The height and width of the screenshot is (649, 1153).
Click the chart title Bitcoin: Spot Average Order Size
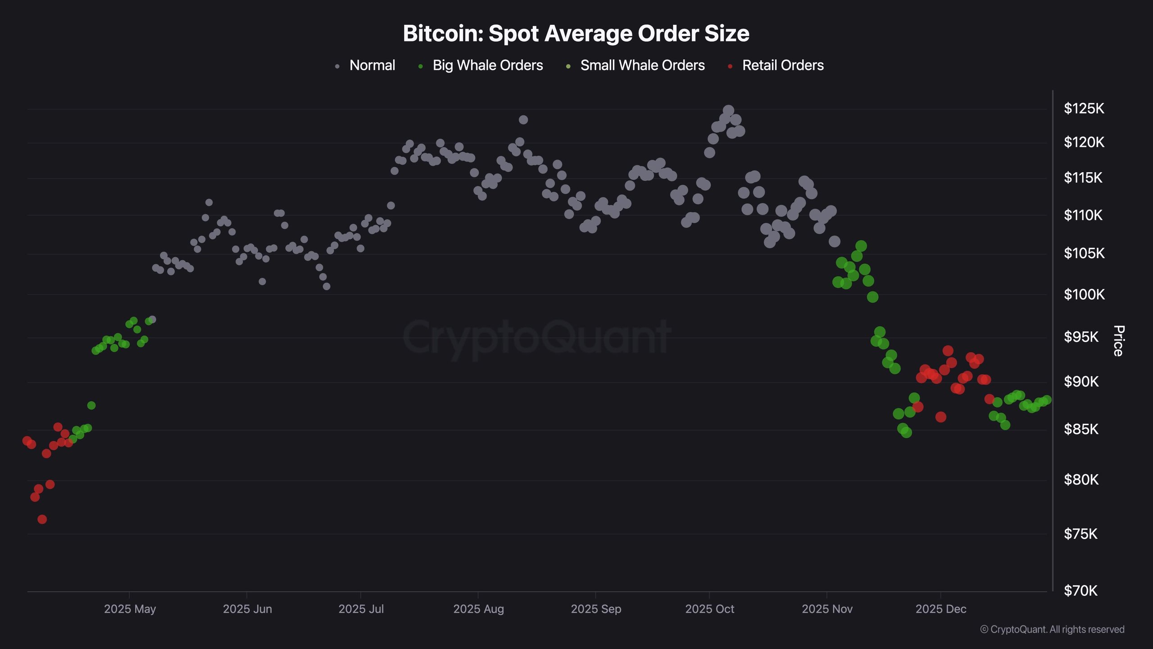coord(576,33)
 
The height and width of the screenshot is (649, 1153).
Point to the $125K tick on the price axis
coord(1084,109)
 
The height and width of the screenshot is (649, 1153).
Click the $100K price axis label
coord(1084,295)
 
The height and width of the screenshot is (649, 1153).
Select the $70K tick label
coord(1080,590)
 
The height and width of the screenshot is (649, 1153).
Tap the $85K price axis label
coord(1081,429)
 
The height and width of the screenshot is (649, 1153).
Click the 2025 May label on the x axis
coord(130,609)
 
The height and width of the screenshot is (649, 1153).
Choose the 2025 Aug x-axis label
coord(478,609)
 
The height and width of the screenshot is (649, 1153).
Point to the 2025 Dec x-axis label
coord(940,609)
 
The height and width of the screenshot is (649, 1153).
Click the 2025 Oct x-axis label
coord(709,609)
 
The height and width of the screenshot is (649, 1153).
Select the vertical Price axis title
coord(1119,341)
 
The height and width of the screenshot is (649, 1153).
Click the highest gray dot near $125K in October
coord(728,110)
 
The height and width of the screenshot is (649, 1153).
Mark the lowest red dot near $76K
coord(42,519)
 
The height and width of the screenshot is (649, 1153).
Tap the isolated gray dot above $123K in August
coord(523,120)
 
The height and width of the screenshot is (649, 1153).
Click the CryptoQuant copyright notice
coord(1052,629)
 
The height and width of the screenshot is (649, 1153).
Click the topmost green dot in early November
coord(861,246)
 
